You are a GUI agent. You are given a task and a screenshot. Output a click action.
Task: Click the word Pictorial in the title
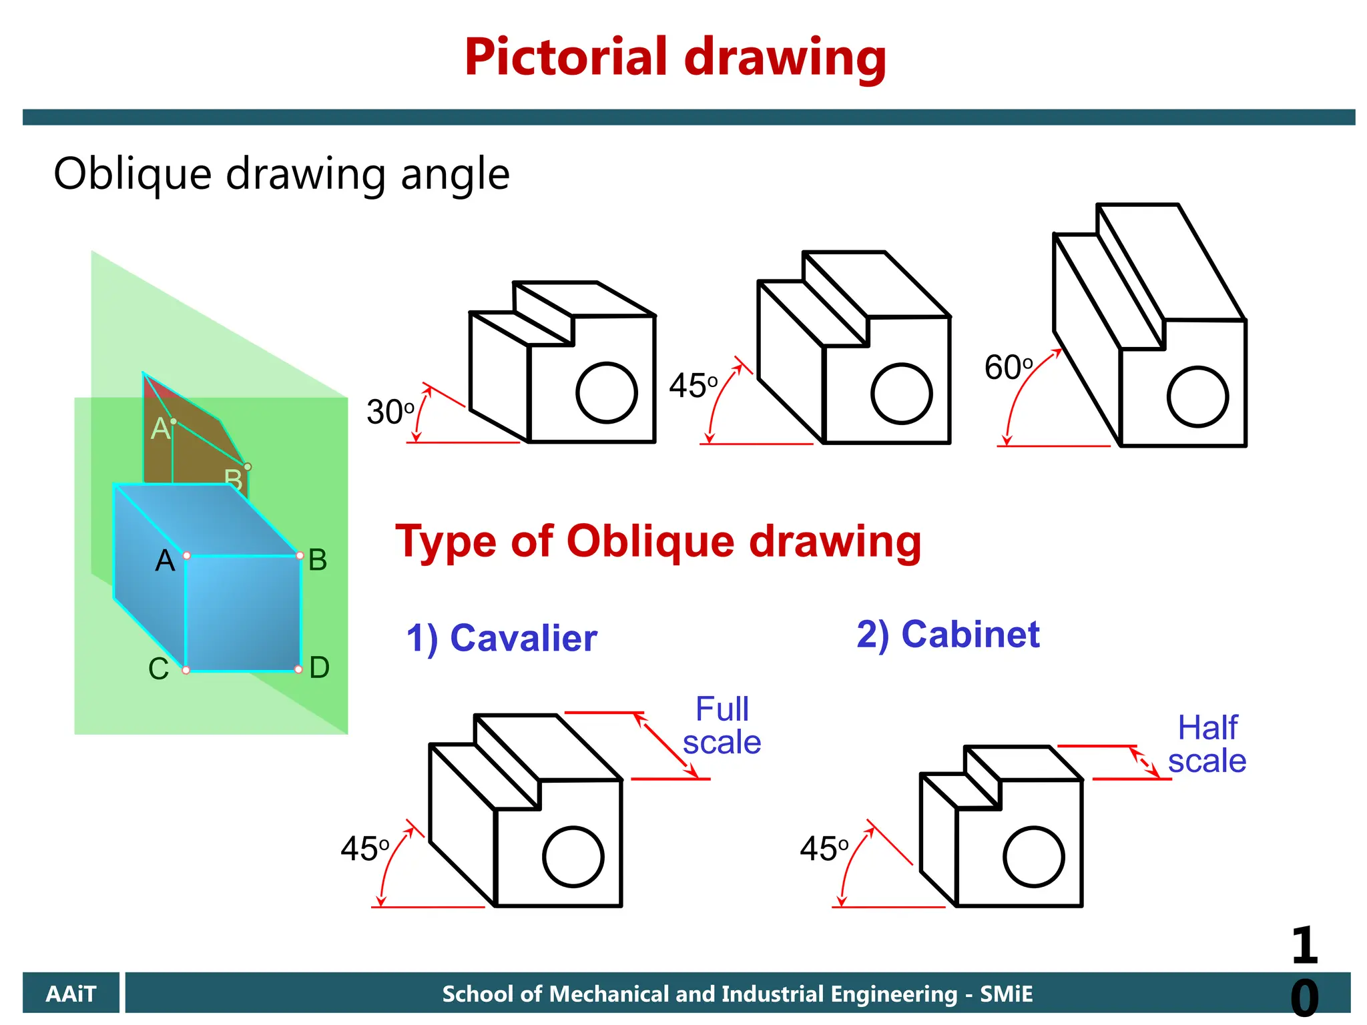pos(566,57)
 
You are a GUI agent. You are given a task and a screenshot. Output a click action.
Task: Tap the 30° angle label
pos(390,412)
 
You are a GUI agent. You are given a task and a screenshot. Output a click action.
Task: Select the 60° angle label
pos(1008,368)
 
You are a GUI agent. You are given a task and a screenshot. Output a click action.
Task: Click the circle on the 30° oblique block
pos(607,393)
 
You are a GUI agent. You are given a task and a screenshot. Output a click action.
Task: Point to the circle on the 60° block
pos(1197,396)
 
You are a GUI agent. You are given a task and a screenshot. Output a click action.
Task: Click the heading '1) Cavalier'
pos(501,638)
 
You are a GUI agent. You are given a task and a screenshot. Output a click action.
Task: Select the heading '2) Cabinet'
pos(948,634)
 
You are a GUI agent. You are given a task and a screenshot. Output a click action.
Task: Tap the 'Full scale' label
pos(722,726)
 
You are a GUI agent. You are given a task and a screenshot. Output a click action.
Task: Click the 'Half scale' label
pos(1207,744)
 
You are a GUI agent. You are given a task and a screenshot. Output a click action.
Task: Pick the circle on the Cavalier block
pos(573,857)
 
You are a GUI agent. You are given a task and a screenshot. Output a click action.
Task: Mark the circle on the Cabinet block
pos(1034,857)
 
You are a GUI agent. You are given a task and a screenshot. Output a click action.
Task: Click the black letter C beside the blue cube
pos(158,669)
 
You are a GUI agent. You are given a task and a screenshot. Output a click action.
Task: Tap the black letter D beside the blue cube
pos(319,667)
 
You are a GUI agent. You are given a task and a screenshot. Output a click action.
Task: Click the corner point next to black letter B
pos(300,555)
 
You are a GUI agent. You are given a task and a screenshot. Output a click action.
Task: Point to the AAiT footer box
pos(71,994)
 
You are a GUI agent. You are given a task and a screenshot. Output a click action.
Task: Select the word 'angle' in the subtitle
pos(455,175)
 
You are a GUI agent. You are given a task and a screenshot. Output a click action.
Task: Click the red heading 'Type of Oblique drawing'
pos(658,541)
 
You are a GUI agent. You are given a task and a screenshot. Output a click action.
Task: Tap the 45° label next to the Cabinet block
pos(824,849)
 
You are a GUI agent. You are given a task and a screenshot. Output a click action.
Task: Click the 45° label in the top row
pos(693,386)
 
